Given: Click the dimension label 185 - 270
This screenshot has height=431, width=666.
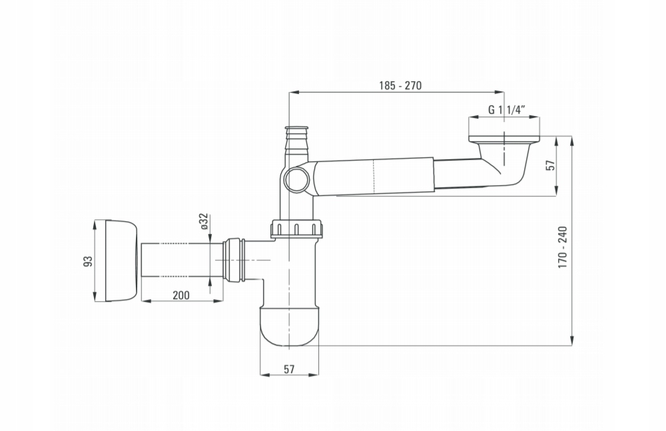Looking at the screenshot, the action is click(x=400, y=85).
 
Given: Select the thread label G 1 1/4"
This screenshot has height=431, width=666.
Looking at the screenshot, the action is click(x=507, y=110).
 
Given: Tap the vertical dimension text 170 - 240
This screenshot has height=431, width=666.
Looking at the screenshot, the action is click(x=563, y=247).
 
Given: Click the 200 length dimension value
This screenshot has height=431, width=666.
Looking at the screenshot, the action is click(x=181, y=295).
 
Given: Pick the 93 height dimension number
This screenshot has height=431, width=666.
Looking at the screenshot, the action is click(x=88, y=260).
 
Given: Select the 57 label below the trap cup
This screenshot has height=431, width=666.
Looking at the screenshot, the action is click(x=289, y=369).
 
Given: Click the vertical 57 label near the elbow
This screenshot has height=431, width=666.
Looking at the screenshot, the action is click(x=551, y=165).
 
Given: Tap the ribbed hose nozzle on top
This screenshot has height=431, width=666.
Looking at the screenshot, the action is click(x=297, y=141).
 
